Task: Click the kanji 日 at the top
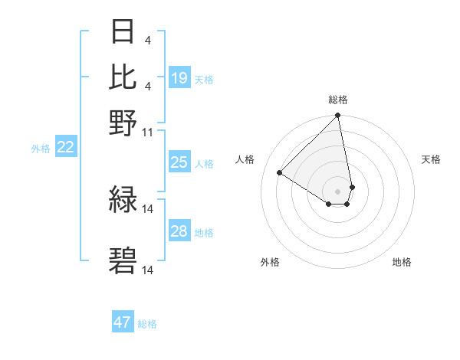click(123, 33)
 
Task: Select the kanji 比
click(123, 77)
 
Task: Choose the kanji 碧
click(123, 260)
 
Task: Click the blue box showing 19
click(179, 78)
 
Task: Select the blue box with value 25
click(179, 162)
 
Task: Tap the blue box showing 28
click(179, 231)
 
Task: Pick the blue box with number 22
click(65, 148)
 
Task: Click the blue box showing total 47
click(123, 322)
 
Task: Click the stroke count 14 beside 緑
click(148, 208)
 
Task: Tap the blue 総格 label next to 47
click(147, 324)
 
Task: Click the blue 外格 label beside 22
click(41, 149)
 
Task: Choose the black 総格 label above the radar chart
click(338, 100)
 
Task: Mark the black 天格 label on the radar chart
click(431, 159)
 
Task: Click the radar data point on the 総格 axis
click(338, 116)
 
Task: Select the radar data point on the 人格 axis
click(280, 173)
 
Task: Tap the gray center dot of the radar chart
click(338, 191)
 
